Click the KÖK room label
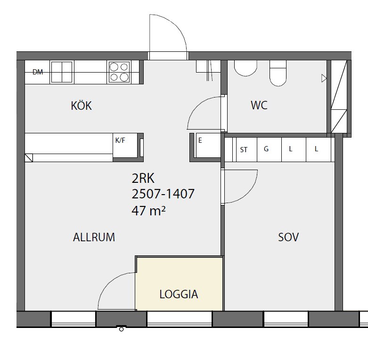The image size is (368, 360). (81, 106)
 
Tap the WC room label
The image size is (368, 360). (259, 105)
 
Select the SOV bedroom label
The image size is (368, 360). (288, 237)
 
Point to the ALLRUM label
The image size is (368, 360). (94, 237)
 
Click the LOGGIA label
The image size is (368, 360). (179, 294)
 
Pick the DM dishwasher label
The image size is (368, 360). (38, 72)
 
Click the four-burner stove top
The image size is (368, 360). (119, 72)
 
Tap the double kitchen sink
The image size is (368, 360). (62, 72)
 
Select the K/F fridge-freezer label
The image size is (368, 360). (120, 140)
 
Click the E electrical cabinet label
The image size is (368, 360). (200, 140)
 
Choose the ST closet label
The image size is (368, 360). (244, 150)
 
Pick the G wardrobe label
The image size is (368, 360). (266, 149)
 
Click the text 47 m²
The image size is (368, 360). (148, 211)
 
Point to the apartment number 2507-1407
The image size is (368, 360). (163, 194)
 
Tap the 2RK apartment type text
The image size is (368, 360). (143, 179)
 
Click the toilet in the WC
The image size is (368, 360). (278, 73)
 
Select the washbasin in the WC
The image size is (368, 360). (245, 68)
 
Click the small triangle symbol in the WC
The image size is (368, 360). (324, 78)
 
